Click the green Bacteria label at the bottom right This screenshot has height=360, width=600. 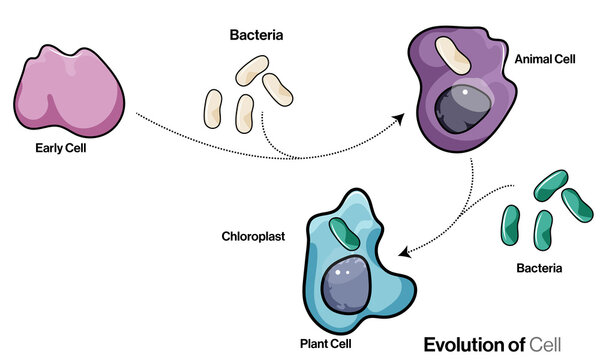click(540, 268)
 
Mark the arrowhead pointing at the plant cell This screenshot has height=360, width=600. click(404, 251)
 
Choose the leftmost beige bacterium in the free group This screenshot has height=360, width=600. click(213, 108)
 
